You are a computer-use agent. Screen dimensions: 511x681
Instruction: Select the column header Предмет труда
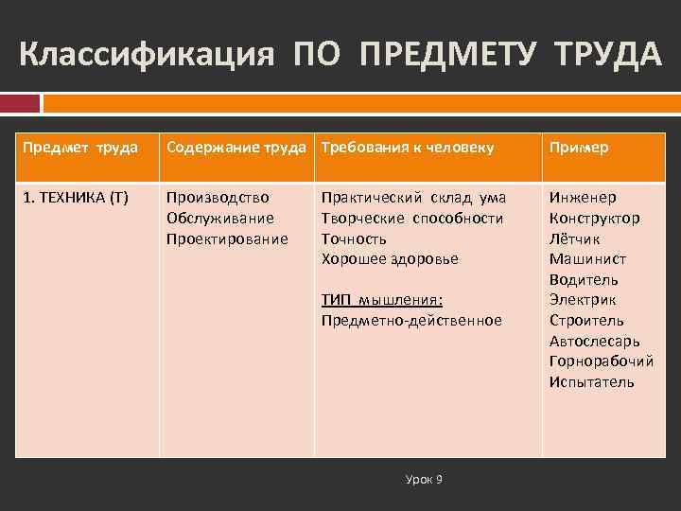[x=80, y=148]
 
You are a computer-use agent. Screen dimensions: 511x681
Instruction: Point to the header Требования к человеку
[x=408, y=148]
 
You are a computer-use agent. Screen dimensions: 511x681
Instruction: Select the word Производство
[x=218, y=198]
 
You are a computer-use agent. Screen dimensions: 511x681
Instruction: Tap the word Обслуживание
[x=220, y=218]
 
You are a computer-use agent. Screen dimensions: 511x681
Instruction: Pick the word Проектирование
[x=227, y=238]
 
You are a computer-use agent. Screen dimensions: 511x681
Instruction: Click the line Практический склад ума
[x=413, y=198]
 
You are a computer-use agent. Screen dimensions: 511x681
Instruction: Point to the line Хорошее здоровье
[x=390, y=258]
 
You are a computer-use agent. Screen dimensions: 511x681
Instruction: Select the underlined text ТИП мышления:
[x=382, y=300]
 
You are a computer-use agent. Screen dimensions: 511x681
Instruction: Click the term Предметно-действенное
[x=411, y=320]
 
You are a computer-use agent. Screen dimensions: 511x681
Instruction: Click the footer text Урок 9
[x=424, y=480]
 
